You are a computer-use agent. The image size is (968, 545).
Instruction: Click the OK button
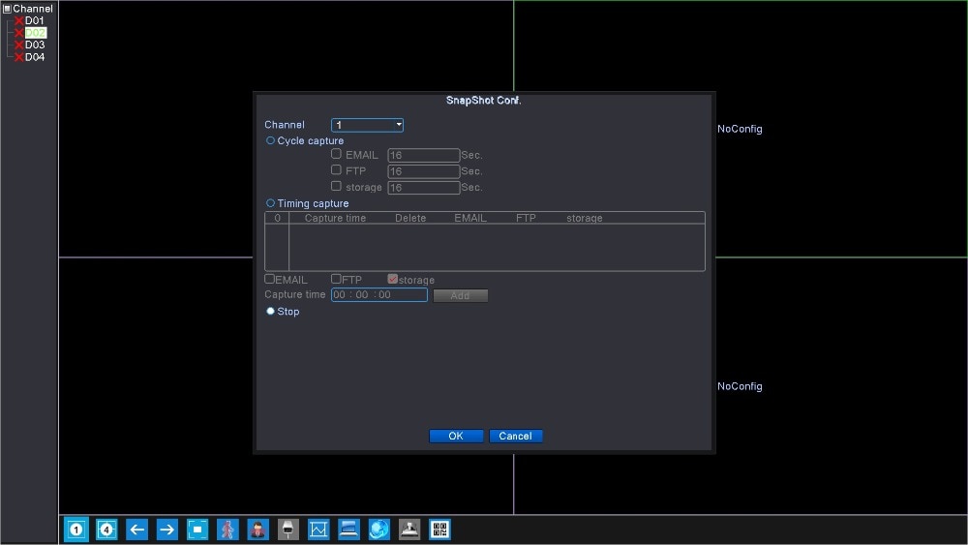pos(456,436)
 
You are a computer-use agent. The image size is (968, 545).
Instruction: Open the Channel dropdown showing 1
pos(367,125)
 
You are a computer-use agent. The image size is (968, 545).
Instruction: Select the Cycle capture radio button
pos(270,140)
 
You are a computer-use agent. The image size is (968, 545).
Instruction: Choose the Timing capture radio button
pos(270,203)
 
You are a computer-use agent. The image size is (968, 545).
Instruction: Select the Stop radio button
pos(270,311)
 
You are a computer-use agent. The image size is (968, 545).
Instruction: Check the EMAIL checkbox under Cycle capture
pos(336,154)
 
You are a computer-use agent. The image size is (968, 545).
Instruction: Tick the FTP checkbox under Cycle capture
pos(336,169)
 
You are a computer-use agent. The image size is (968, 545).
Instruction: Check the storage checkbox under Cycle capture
pos(336,186)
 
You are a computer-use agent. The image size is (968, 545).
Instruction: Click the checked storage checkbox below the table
pos(393,279)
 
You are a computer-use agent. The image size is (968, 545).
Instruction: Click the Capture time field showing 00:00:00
pos(379,295)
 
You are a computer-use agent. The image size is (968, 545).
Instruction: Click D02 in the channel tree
pos(35,33)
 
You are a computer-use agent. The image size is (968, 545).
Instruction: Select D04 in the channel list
pos(35,57)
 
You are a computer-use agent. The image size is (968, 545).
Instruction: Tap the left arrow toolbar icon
pos(137,529)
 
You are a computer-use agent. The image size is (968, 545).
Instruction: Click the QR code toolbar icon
pos(439,529)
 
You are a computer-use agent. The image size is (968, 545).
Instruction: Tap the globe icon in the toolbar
pos(379,529)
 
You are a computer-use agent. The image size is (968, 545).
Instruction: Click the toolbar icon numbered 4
pos(106,529)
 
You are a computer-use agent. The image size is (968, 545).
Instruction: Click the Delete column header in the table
pos(410,218)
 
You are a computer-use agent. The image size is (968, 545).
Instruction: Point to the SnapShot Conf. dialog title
pos(484,101)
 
